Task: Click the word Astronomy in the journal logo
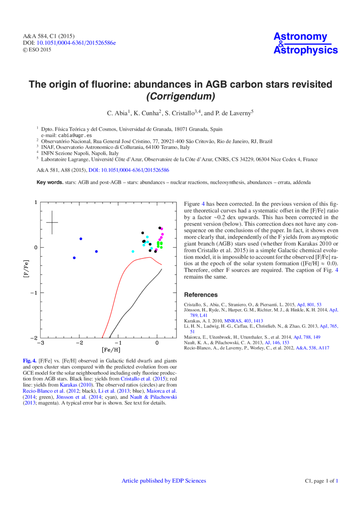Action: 300,37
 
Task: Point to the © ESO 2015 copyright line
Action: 37,50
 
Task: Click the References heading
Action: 201,294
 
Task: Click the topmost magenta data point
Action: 162,229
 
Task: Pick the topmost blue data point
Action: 81,239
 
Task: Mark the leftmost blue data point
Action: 74,258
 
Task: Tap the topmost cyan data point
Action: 147,237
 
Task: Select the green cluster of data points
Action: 159,245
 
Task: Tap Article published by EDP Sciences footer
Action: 164,481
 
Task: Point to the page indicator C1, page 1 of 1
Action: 322,481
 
